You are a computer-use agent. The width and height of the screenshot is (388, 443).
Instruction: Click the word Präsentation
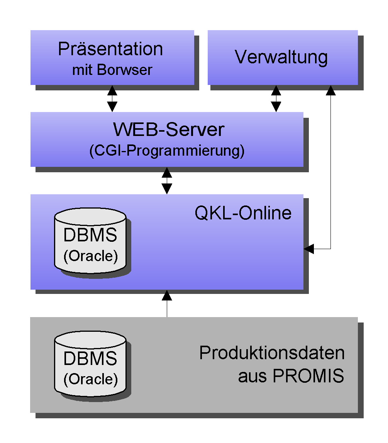(110, 49)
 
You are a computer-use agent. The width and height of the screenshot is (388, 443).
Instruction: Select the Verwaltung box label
(281, 57)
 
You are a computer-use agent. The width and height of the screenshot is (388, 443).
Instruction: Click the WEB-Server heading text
(168, 130)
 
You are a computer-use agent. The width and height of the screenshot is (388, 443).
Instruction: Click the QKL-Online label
(243, 213)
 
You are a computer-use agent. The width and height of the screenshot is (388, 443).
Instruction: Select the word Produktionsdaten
(272, 353)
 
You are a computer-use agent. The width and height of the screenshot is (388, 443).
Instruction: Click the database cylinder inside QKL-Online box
(90, 241)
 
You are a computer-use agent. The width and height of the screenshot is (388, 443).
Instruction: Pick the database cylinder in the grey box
(90, 365)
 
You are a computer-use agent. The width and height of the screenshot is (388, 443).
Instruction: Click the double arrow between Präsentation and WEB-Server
(112, 98)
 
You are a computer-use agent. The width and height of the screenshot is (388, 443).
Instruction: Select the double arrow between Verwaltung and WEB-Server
(276, 98)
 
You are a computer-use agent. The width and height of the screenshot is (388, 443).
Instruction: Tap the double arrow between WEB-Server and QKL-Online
(167, 180)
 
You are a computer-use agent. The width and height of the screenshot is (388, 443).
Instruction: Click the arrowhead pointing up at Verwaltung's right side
(331, 90)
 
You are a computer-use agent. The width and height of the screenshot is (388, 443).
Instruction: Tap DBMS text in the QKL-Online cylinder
(90, 235)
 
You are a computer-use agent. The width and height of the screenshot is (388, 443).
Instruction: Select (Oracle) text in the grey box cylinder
(90, 379)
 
